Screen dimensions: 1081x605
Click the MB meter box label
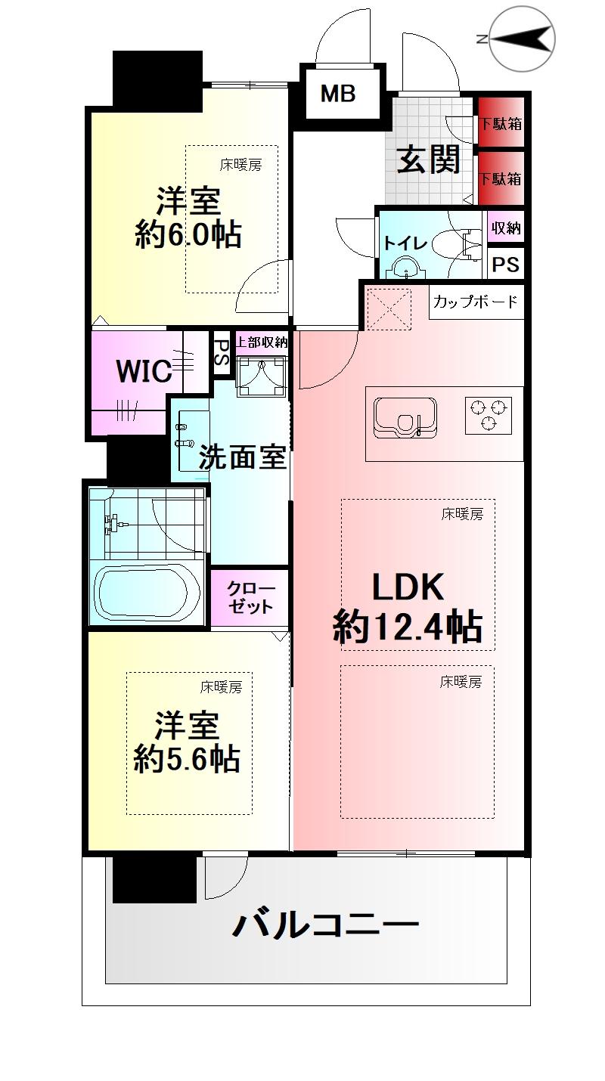(x=338, y=94)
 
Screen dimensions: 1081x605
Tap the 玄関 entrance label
(x=429, y=160)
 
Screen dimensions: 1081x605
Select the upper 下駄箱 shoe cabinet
(x=501, y=123)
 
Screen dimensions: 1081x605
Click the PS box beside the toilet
(x=506, y=265)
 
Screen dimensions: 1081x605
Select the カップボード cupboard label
(x=476, y=302)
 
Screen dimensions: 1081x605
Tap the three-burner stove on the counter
(x=488, y=415)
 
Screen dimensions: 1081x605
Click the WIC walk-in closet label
(x=143, y=371)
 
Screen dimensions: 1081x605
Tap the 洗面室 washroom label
(x=242, y=457)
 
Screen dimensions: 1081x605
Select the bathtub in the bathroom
(x=147, y=593)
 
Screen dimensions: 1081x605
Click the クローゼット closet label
(x=250, y=597)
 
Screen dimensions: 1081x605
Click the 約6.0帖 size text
(x=188, y=235)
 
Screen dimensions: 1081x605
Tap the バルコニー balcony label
(x=325, y=925)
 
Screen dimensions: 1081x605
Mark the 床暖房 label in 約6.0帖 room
(x=241, y=164)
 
